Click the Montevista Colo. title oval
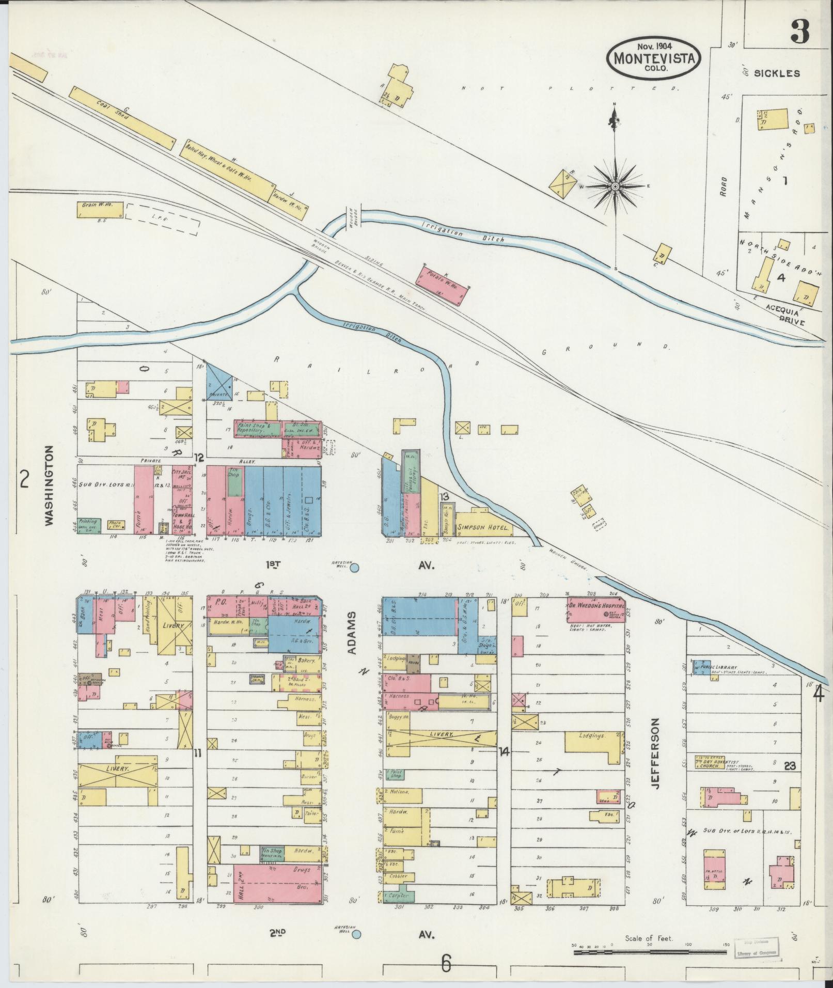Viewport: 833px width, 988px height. (654, 58)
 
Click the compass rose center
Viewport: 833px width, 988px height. (616, 186)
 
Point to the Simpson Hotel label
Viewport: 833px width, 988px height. (484, 529)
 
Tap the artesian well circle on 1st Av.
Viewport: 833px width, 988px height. (355, 569)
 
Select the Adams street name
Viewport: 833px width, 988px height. (352, 634)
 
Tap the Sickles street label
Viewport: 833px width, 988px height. (777, 73)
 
